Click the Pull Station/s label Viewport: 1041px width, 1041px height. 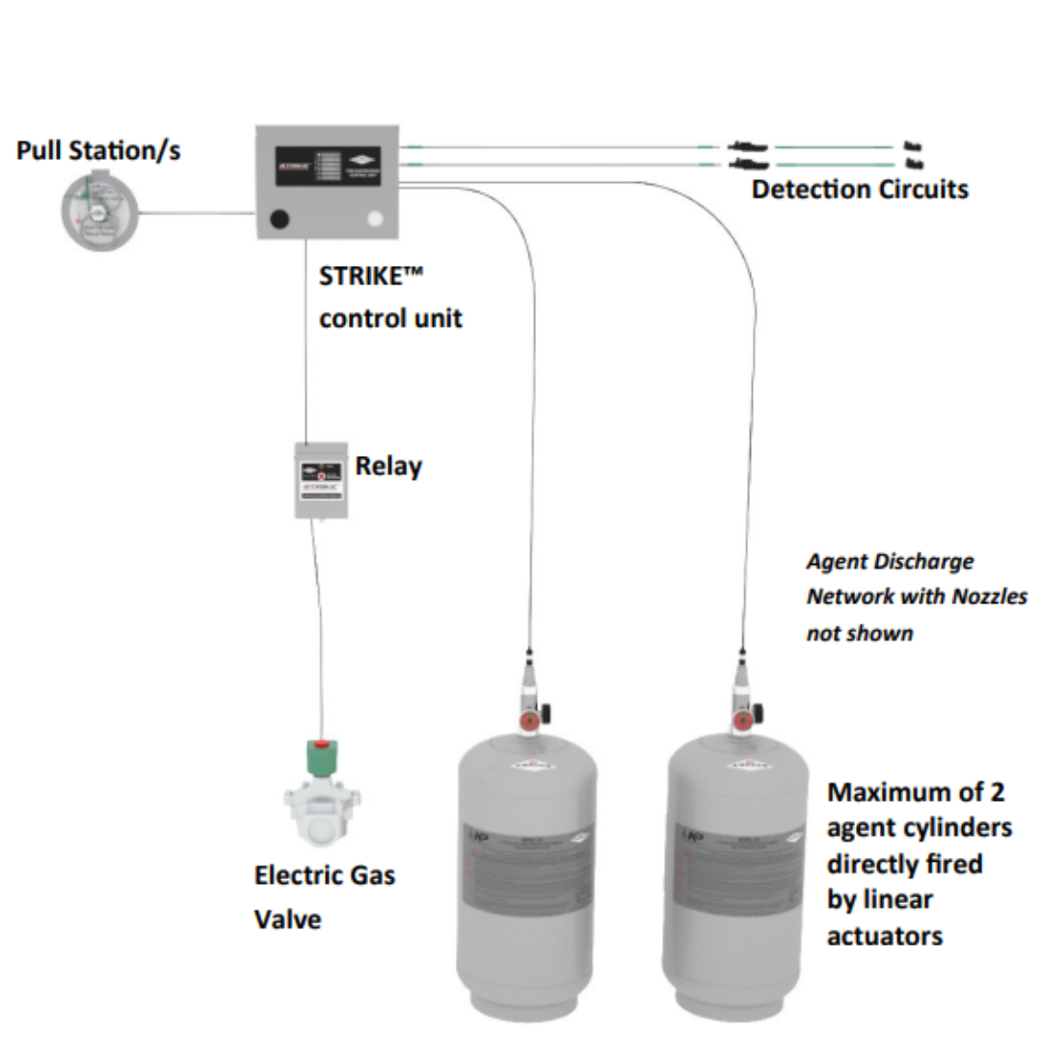coord(98,151)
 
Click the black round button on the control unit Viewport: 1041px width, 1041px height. coord(280,219)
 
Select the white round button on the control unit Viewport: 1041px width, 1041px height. coord(376,220)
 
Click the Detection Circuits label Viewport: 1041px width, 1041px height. coord(860,189)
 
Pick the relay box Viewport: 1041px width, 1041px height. coord(321,480)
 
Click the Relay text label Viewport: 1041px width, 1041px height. coord(388,467)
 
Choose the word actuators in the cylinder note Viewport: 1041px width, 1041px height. coord(884,935)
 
